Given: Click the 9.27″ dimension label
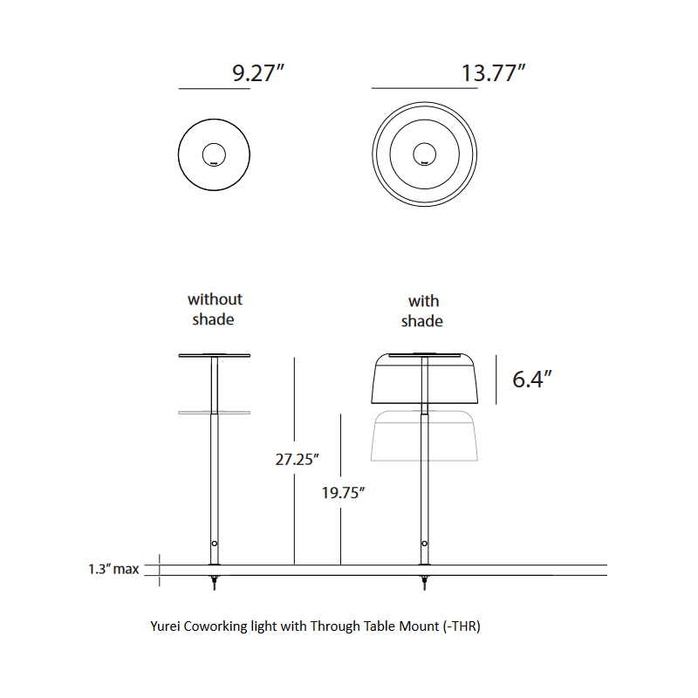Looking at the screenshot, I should (258, 73).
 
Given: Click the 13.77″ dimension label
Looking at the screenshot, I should (493, 73).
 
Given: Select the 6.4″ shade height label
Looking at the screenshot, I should (533, 380).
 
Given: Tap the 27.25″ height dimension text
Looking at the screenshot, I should (298, 459).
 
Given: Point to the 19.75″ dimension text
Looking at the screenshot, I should (342, 493).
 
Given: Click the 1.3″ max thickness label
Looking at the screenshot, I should (113, 570).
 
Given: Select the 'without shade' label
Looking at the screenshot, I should (215, 310).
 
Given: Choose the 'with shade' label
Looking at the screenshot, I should (422, 311).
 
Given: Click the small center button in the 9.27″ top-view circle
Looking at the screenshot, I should (214, 155).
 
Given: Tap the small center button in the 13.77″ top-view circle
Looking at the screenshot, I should (424, 155).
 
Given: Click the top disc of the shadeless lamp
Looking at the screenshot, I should (215, 356).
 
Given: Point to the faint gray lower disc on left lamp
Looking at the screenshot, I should (215, 412).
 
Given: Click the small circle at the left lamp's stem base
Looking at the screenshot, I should (215, 544).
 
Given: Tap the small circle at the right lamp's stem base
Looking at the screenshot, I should (425, 544).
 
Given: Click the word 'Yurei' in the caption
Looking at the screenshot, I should (167, 626).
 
